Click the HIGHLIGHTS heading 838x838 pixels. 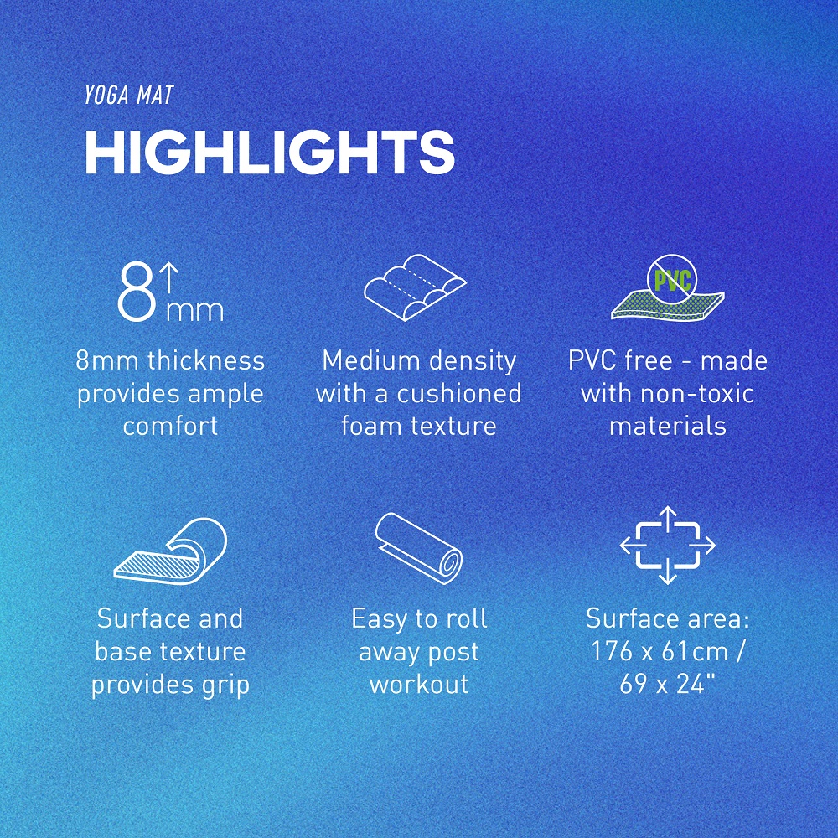270,152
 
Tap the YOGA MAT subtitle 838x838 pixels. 129,96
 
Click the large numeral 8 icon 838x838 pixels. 137,292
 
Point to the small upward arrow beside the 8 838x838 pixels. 169,278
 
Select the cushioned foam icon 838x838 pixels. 415,287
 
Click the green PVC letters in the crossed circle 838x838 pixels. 672,281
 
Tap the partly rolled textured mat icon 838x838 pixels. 170,551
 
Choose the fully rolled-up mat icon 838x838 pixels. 418,548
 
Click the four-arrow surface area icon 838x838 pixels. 668,546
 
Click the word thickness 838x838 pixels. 206,360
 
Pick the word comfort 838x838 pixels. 170,427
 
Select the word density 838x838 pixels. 464,362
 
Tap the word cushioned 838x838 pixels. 459,394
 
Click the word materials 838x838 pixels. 668,427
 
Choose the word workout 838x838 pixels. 419,685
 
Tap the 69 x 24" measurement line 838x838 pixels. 668,685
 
